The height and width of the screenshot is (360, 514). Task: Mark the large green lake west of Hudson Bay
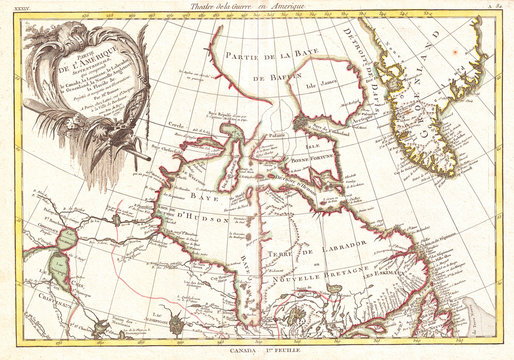pos(63,269)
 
